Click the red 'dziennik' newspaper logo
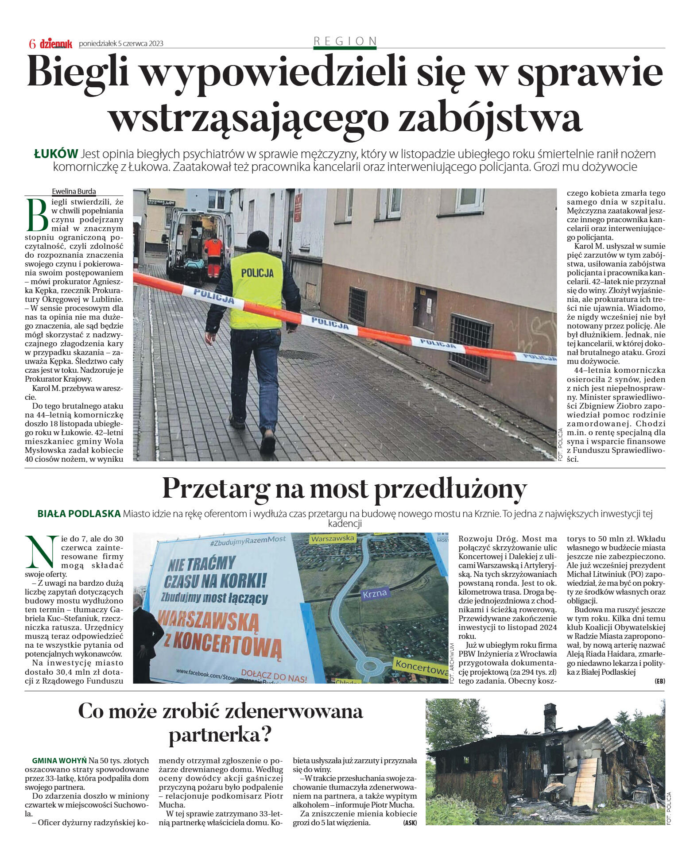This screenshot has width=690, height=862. point(56,43)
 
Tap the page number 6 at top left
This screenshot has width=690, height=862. point(32,43)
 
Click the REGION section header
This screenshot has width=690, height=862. point(345,41)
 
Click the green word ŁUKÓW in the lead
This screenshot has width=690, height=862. point(56,154)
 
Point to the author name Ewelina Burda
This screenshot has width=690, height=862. point(74,191)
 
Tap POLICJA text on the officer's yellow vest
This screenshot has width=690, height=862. point(257,273)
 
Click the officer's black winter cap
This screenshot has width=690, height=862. point(258,240)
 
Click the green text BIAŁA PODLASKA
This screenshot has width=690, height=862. point(79,514)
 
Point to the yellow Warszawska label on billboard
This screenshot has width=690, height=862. point(333,538)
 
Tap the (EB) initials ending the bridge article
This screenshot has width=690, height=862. point(659,681)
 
